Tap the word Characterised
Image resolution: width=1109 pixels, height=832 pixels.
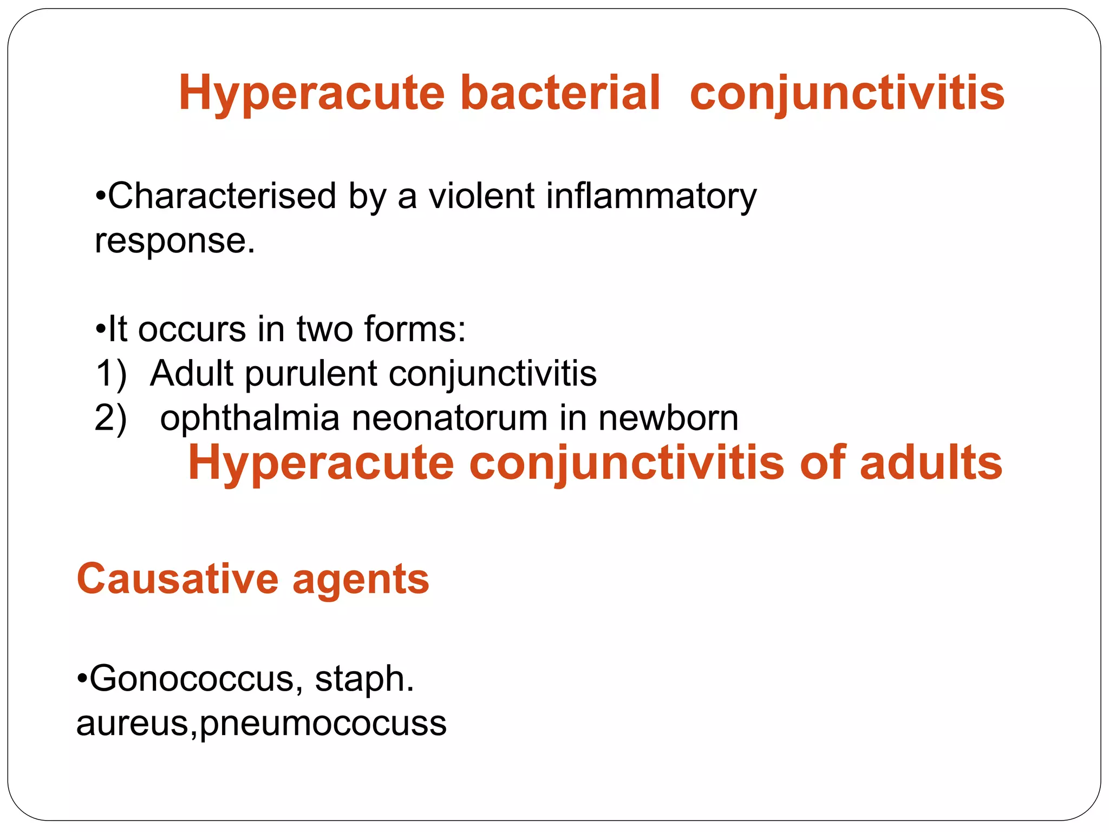point(222,196)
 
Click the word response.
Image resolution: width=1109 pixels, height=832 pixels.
point(174,242)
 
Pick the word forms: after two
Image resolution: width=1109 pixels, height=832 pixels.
point(414,329)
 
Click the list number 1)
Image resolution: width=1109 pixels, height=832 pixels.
point(111,374)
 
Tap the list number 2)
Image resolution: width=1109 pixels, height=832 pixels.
point(110,419)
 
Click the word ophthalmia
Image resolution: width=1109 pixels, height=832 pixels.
point(250,419)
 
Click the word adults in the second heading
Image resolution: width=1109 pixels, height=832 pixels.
point(931,463)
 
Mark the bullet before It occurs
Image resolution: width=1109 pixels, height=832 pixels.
point(100,329)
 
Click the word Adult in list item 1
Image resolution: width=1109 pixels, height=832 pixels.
point(191,374)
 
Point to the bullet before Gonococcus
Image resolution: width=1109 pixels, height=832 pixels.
point(82,679)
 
